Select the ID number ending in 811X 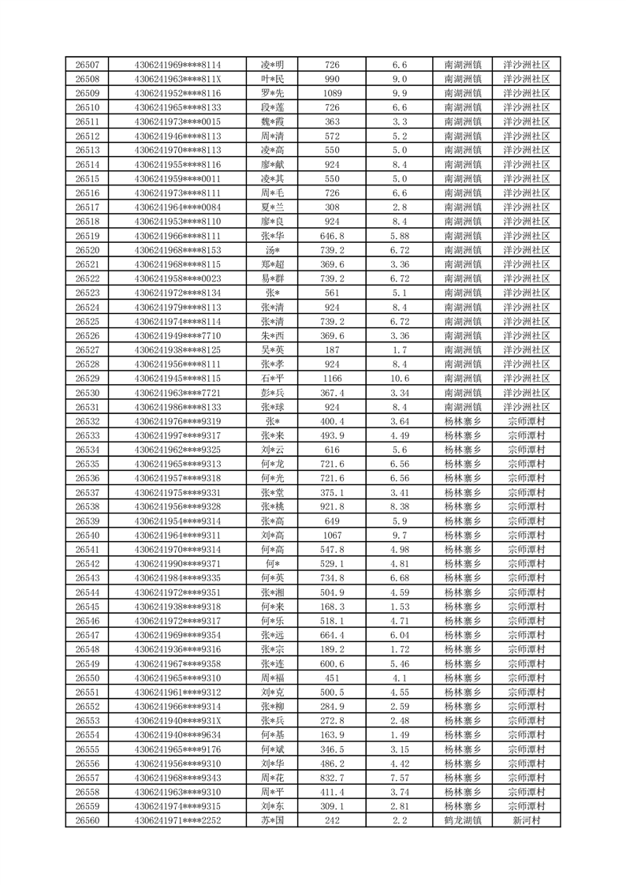click(177, 79)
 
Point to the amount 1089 click(332, 93)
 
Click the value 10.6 click(399, 379)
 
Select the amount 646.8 click(332, 236)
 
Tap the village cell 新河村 click(526, 820)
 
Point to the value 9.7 click(399, 536)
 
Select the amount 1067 click(332, 536)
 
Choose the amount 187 click(332, 350)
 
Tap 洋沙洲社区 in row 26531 click(526, 407)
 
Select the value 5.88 click(399, 236)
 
